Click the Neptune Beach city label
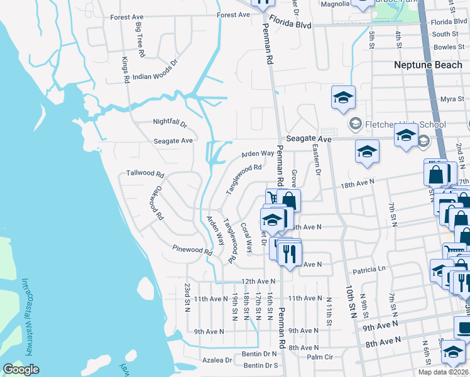point(427,65)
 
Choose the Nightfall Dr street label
point(170,123)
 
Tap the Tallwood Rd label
point(145,173)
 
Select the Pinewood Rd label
point(192,251)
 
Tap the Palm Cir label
point(319,358)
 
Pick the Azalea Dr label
point(217,360)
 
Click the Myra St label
point(452,99)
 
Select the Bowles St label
point(448,47)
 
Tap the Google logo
point(21,369)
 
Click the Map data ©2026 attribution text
point(442,372)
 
